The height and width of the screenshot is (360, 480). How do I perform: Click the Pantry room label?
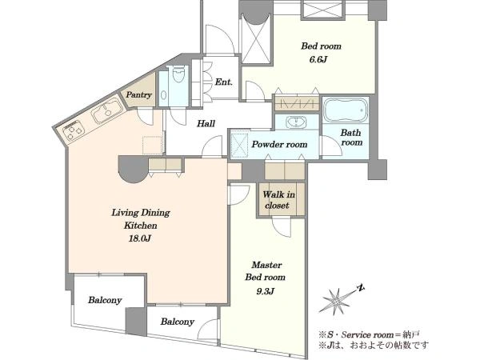[138, 94]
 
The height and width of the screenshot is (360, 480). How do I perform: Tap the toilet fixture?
[178, 74]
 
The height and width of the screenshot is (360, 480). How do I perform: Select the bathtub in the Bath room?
[346, 110]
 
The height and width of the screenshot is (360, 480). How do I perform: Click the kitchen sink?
[105, 111]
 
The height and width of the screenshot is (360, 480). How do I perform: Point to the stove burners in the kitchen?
[74, 131]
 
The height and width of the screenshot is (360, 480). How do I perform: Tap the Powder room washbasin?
[296, 122]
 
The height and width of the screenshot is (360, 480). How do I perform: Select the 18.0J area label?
[140, 238]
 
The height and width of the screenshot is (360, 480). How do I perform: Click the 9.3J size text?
[265, 291]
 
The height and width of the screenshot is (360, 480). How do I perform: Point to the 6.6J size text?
[318, 59]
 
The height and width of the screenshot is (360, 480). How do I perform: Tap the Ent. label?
[224, 82]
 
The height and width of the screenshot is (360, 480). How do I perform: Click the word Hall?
[206, 124]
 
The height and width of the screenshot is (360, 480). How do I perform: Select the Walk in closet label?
[278, 200]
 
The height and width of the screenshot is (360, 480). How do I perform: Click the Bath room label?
[351, 138]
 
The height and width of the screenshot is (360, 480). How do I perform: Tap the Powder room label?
[279, 144]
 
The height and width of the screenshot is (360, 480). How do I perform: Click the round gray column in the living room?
[134, 170]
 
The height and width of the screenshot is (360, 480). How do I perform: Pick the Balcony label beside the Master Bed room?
[178, 322]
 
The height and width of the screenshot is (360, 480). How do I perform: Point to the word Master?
[266, 265]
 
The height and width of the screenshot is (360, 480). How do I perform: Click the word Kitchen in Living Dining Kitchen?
[141, 226]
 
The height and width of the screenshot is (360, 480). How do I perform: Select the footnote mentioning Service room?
[369, 334]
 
